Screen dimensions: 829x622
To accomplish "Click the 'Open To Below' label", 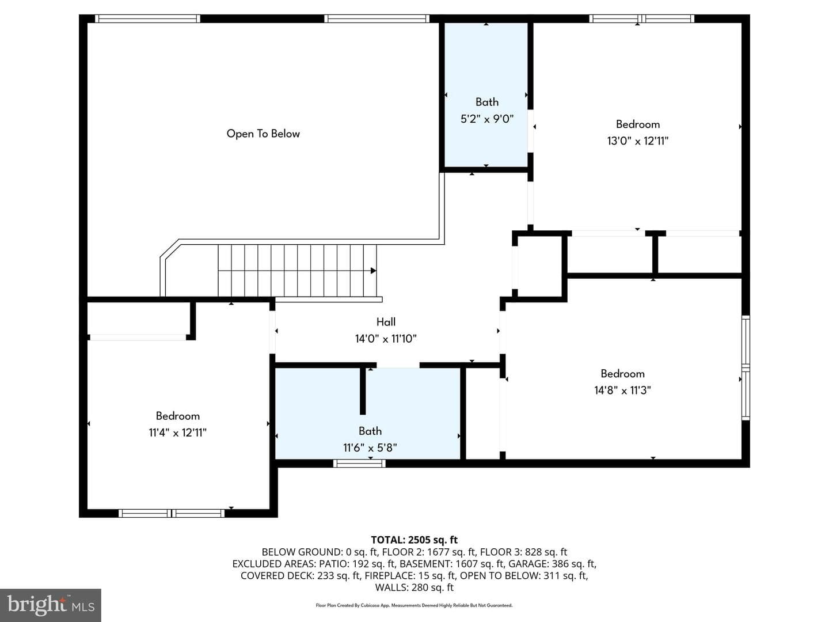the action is [263, 133].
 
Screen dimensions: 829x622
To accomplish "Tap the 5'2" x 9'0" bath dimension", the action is [487, 119].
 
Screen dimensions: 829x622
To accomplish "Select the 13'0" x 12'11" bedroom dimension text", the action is [637, 141].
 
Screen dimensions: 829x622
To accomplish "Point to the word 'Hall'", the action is [386, 322].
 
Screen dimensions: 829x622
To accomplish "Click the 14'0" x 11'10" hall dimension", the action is [386, 339].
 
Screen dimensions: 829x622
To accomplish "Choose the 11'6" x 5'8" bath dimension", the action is [370, 447].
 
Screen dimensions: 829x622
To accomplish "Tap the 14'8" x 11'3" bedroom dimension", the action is [622, 390].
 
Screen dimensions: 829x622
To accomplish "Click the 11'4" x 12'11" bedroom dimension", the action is [177, 433].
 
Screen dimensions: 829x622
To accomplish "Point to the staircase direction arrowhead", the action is [373, 271].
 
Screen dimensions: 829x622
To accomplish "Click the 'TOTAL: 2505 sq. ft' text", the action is [414, 540].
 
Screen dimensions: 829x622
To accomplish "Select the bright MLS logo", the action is [51, 605].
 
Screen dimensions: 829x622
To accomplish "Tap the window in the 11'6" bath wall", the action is [359, 464].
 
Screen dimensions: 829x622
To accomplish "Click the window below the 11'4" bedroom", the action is [172, 513].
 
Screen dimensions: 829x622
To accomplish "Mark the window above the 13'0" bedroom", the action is [642, 18].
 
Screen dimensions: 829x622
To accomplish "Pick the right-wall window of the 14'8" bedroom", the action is [746, 368].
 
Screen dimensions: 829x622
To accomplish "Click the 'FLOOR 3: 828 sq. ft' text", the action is [523, 552].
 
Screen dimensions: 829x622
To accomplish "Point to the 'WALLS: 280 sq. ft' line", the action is [414, 587].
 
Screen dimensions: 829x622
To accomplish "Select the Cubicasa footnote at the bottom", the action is [414, 605].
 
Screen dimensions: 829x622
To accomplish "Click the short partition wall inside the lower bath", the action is [363, 390].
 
